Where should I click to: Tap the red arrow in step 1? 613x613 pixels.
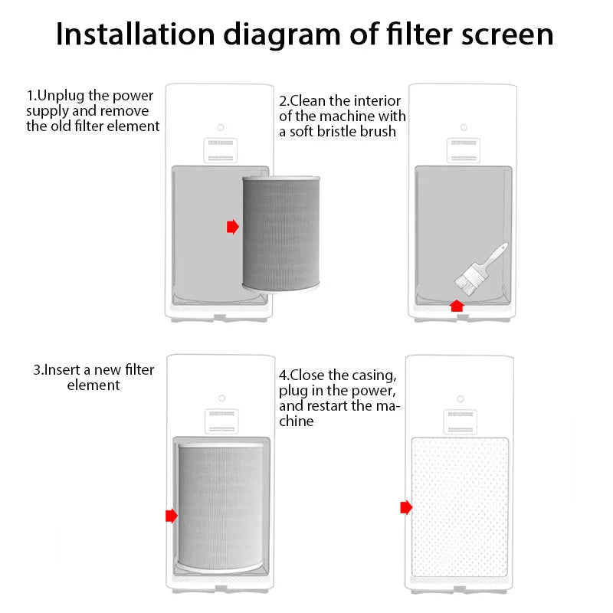point(233,227)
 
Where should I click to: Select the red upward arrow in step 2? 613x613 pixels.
point(457,305)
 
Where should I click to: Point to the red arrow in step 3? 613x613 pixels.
point(171,516)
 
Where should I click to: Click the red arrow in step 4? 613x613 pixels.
point(406,507)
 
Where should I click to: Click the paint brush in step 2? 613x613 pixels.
point(479,267)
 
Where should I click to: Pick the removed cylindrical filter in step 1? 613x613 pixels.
point(282,233)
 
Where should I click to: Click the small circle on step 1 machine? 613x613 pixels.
point(220,126)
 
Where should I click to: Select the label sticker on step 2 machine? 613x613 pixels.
point(463,150)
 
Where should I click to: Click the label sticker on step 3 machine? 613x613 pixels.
point(221,421)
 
